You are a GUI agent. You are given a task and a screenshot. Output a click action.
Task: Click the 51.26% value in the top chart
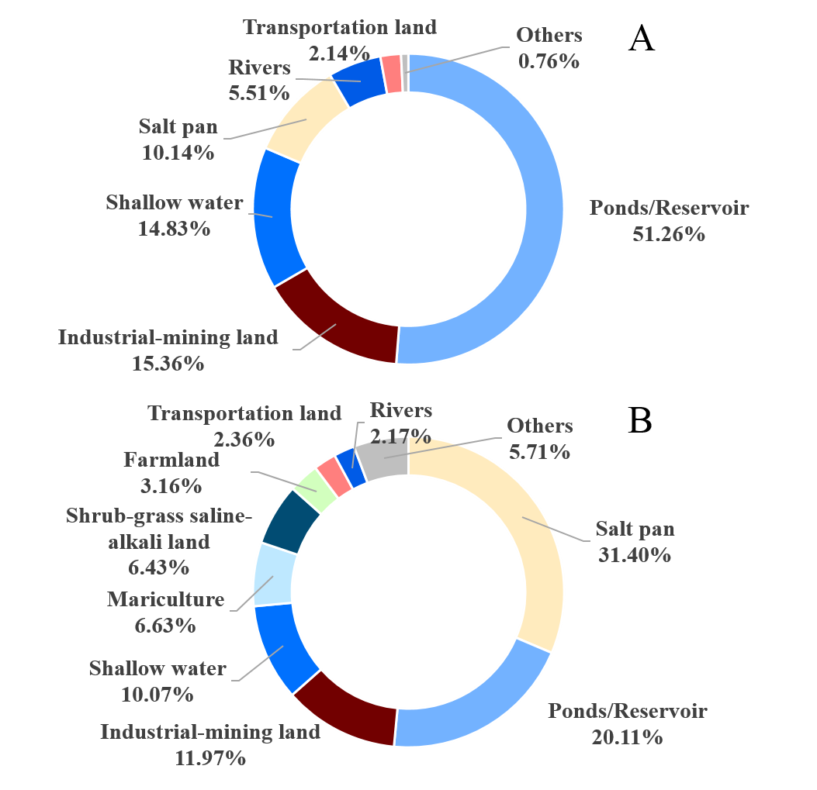click(x=668, y=233)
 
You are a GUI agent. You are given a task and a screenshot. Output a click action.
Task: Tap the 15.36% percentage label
click(x=168, y=362)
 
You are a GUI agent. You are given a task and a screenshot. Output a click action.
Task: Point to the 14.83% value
click(x=175, y=229)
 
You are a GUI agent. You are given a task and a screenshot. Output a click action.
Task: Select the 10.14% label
click(x=178, y=152)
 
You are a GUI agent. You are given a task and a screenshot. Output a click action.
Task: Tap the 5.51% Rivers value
click(x=258, y=93)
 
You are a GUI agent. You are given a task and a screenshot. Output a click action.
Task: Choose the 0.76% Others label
click(x=549, y=60)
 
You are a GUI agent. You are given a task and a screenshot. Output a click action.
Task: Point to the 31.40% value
click(x=635, y=554)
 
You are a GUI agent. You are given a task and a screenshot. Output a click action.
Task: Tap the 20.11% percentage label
click(x=627, y=737)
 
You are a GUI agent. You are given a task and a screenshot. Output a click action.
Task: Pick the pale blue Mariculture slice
click(x=273, y=574)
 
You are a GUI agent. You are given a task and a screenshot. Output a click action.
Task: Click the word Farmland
click(x=171, y=460)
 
